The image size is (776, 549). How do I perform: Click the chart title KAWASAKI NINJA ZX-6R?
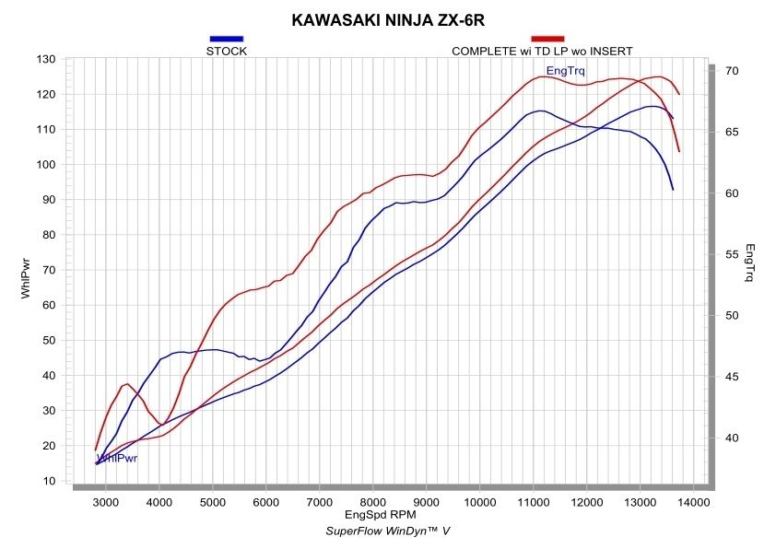pos(388,18)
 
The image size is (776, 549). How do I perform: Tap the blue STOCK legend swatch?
pos(227,39)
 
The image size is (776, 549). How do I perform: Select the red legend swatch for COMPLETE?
pos(547,39)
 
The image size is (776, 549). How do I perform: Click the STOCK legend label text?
pos(227,52)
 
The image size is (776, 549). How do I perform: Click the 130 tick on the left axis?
pos(46,60)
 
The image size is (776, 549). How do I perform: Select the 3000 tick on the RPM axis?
pos(106,502)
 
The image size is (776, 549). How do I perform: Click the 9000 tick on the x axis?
pos(427,502)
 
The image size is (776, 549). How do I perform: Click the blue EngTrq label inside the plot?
pos(565,71)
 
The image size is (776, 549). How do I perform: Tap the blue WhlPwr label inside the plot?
pos(117,458)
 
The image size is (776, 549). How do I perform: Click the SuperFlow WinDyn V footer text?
pos(387,531)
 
